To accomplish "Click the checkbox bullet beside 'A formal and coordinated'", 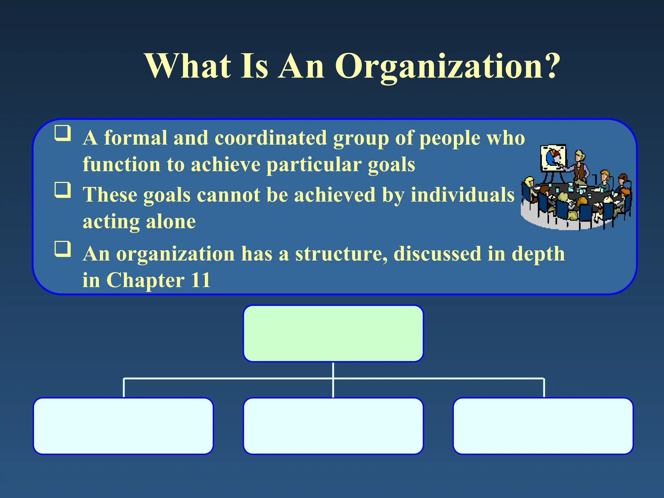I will pyautogui.click(x=63, y=133).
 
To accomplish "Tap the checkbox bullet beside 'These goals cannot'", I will pyautogui.click(x=63, y=190).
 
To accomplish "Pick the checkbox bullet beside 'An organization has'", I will pyautogui.click(x=63, y=249).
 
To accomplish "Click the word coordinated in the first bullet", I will pyautogui.click(x=271, y=138).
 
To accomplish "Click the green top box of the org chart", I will pyautogui.click(x=333, y=334).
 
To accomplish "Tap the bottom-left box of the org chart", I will pyautogui.click(x=124, y=426).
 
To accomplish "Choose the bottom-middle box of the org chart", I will pyautogui.click(x=333, y=426).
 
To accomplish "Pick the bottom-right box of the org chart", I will pyautogui.click(x=543, y=426).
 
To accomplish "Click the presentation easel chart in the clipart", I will pyautogui.click(x=553, y=158).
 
